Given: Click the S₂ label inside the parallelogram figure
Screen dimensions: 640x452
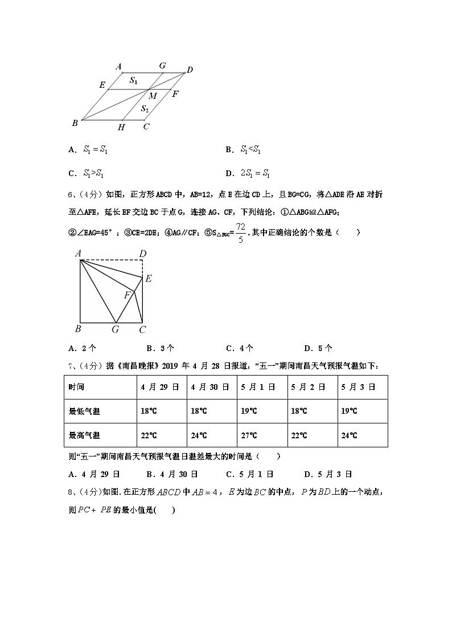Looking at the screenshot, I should pyautogui.click(x=145, y=109).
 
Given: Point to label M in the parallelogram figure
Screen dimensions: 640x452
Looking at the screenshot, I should pyautogui.click(x=153, y=96).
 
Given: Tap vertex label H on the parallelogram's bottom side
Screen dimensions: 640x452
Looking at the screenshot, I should pyautogui.click(x=121, y=128).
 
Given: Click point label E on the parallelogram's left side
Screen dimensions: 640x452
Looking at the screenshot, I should pyautogui.click(x=102, y=85).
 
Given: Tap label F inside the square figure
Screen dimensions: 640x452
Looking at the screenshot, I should pyautogui.click(x=128, y=295).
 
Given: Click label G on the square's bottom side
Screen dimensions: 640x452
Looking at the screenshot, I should pyautogui.click(x=115, y=329).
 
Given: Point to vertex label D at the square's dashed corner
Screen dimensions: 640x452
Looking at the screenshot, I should pyautogui.click(x=143, y=254).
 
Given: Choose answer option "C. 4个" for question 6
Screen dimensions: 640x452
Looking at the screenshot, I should pyautogui.click(x=240, y=348).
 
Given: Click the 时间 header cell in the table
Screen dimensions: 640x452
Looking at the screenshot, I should pyautogui.click(x=76, y=387).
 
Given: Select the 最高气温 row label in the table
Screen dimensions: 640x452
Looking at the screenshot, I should pyautogui.click(x=84, y=435).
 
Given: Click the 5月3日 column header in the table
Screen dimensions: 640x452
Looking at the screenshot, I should pyautogui.click(x=358, y=387).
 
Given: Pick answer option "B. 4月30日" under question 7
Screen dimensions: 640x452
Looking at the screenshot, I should pyautogui.click(x=172, y=474).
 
